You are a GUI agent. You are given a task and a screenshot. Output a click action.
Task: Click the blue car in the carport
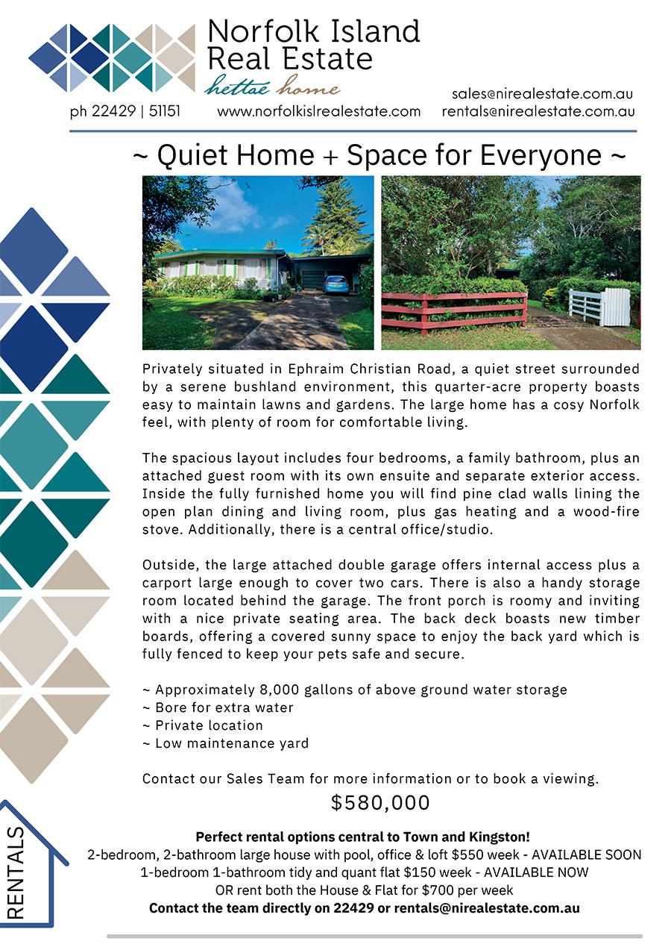[336, 284]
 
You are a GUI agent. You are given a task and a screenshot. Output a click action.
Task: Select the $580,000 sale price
[380, 803]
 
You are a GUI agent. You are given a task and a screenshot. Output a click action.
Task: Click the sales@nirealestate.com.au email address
[542, 94]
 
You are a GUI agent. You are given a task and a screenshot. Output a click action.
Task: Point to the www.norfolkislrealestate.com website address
[318, 111]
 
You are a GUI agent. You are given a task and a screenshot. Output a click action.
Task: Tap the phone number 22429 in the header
[113, 111]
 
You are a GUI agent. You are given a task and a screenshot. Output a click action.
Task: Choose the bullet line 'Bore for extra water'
[218, 707]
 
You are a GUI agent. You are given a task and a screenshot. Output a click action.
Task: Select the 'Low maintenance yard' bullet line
[225, 743]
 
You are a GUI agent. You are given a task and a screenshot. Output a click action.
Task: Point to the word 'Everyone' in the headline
[541, 155]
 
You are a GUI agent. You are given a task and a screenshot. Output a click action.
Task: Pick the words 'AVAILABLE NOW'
[536, 872]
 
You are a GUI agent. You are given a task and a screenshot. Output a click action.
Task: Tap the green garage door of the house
[312, 279]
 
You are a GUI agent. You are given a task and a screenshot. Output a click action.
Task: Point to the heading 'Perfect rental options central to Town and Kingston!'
[362, 837]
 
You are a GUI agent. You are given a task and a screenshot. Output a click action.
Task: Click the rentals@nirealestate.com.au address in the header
[538, 111]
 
